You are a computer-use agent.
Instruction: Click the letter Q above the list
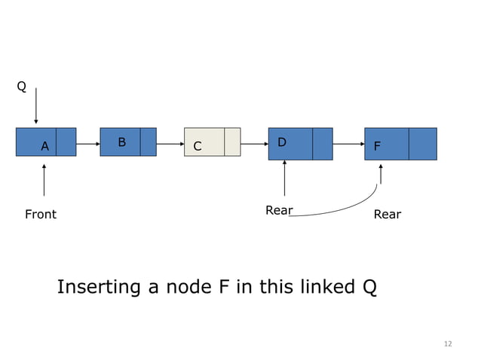22,87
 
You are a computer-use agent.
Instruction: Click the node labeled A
46,142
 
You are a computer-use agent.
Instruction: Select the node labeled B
127,142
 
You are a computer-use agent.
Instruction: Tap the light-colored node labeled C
212,142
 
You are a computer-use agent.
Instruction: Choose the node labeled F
400,144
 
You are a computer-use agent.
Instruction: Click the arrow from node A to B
87,143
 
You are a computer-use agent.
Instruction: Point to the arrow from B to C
170,143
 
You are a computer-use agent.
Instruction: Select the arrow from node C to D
254,143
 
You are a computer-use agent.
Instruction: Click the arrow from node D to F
348,143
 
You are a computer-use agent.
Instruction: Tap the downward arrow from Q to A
35,105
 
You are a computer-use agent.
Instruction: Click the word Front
41,215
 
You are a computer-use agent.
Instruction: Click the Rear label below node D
279,210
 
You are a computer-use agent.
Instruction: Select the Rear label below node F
388,215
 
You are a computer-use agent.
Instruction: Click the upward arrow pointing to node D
284,179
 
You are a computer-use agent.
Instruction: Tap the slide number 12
448,344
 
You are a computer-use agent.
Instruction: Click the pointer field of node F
422,144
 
